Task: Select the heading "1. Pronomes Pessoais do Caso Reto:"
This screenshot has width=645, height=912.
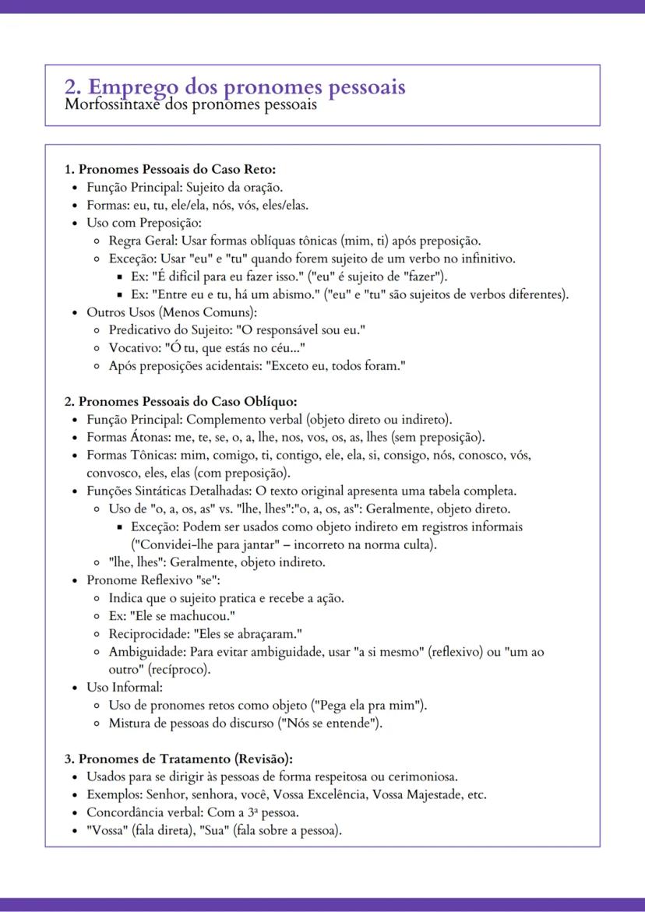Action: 170,169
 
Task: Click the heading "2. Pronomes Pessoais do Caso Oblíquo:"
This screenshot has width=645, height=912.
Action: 180,401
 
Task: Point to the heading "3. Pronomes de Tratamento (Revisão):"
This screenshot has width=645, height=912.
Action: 178,759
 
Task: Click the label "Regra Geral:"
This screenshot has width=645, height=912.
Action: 136,241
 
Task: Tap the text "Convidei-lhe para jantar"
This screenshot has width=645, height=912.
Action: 208,544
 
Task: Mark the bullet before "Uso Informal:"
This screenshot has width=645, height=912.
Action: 75,688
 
